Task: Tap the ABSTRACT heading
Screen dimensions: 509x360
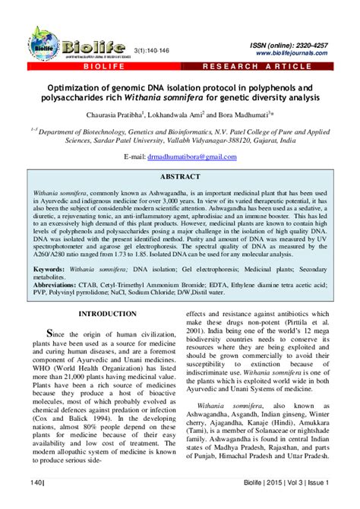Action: click(x=180, y=175)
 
